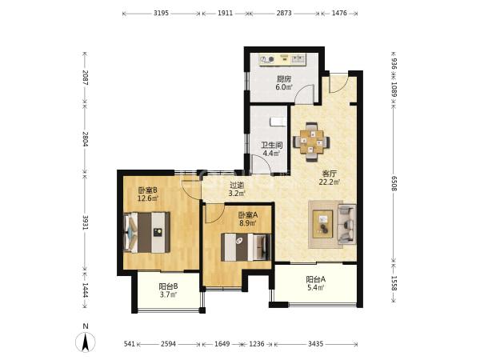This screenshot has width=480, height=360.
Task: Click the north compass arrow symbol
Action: (86, 341)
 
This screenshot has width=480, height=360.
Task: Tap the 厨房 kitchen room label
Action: (284, 79)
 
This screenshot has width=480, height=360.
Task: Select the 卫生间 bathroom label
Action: (271, 145)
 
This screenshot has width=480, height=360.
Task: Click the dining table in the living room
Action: (311, 142)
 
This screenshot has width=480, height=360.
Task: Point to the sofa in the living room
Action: (347, 224)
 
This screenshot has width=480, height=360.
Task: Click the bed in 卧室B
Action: (146, 233)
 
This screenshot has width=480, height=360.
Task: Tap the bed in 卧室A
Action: (246, 247)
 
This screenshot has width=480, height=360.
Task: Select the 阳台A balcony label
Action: (316, 279)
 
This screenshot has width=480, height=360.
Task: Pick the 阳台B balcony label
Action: (168, 286)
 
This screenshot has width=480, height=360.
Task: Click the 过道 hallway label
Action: (238, 186)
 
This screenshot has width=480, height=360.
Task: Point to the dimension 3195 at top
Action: (161, 13)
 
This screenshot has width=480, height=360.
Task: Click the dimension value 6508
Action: (394, 183)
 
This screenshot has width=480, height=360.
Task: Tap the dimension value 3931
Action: (85, 223)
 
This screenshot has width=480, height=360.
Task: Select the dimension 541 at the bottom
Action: (130, 344)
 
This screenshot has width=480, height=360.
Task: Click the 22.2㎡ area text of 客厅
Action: (330, 182)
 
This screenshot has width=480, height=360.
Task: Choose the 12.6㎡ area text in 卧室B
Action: (147, 198)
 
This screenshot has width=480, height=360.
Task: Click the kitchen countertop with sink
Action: (282, 60)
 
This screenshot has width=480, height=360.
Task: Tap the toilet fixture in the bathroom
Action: (278, 122)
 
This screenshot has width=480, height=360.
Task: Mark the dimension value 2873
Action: (284, 13)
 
